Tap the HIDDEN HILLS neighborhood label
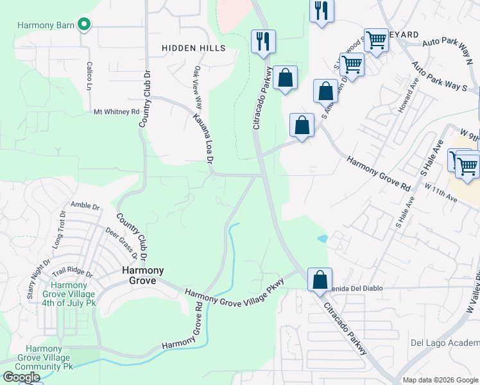tap(194, 48)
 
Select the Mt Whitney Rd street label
tap(116, 112)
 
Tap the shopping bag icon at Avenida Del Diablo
tap(320, 280)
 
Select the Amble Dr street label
tap(85, 206)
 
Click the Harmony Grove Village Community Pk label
tap(44, 357)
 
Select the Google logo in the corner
tap(21, 377)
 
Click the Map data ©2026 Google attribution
tap(440, 380)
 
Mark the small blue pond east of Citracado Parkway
tap(322, 239)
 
